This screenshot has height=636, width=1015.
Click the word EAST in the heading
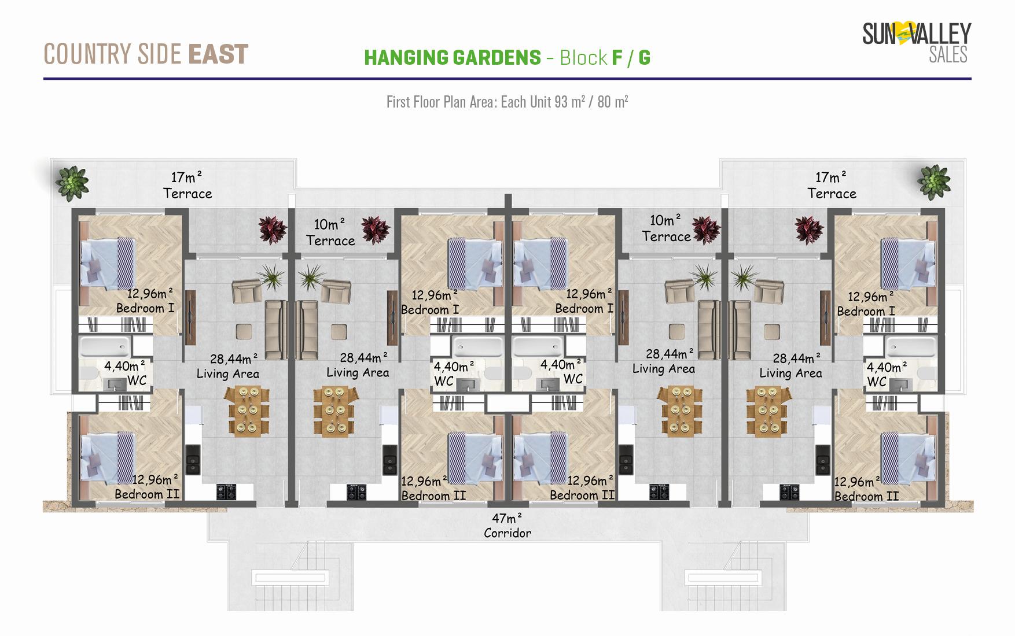point(218,54)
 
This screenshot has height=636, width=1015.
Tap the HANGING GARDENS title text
point(452,57)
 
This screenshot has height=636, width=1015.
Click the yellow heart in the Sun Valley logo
point(903,34)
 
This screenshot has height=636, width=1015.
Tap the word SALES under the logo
point(948,55)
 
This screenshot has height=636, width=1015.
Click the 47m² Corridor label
point(507,526)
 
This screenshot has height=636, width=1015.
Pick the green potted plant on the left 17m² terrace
point(72,181)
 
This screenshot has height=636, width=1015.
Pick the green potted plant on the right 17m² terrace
point(933,182)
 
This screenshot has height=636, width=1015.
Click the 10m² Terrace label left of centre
point(330,232)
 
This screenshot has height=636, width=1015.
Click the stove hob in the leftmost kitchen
point(226,491)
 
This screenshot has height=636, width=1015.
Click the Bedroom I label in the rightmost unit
point(866,311)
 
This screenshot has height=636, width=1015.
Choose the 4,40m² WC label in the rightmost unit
point(886,374)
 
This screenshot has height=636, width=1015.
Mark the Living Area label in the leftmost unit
point(227,374)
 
